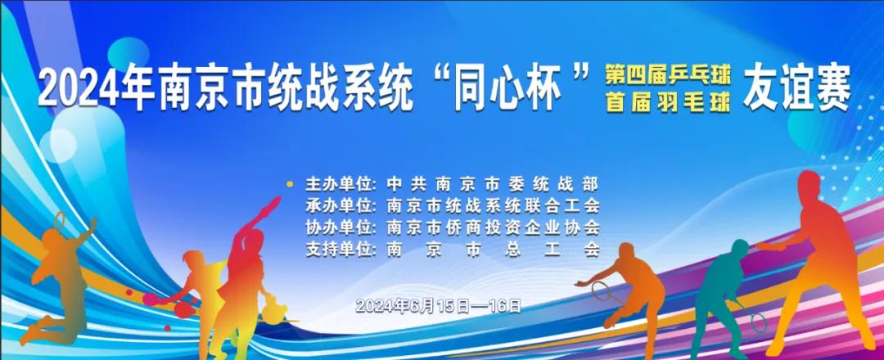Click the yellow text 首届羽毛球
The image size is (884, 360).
pyautogui.click(x=668, y=103)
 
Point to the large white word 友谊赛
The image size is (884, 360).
pyautogui.click(x=796, y=90)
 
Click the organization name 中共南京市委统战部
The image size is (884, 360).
pyautogui.click(x=493, y=184)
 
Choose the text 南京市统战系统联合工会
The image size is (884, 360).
pyautogui.click(x=493, y=205)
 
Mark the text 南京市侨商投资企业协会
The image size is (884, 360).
pyautogui.click(x=493, y=227)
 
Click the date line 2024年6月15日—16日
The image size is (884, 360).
pyautogui.click(x=439, y=306)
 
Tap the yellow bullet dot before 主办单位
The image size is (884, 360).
pyautogui.click(x=291, y=183)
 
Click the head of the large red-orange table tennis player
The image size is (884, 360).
pyautogui.click(x=809, y=186)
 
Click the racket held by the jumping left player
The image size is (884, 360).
pyautogui.click(x=60, y=220)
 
